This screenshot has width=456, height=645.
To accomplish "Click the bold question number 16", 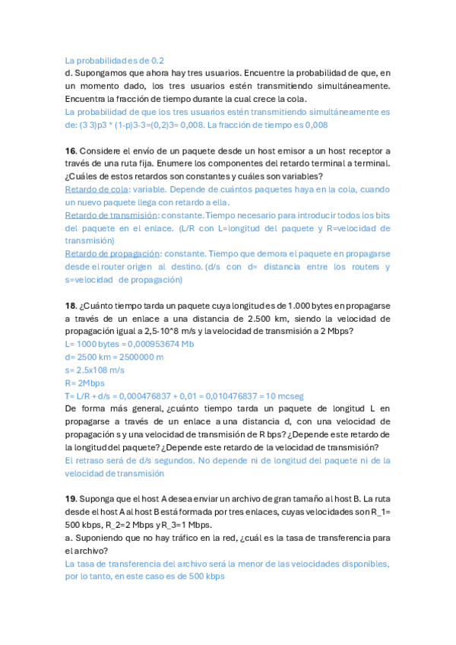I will (x=71, y=151).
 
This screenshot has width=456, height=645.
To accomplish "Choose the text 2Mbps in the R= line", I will (x=90, y=383).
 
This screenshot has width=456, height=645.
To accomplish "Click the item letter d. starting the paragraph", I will (x=69, y=73).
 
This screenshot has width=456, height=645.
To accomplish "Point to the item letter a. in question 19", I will (x=69, y=535).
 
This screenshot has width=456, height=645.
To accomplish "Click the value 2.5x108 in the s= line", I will (x=87, y=370).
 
